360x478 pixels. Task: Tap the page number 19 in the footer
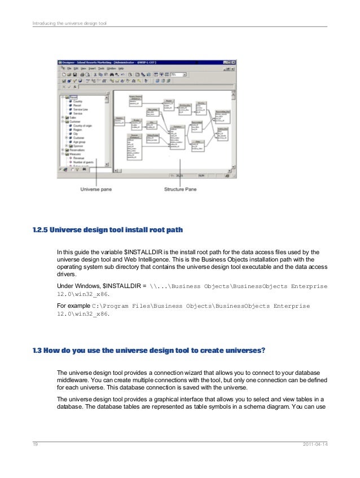pos(35,445)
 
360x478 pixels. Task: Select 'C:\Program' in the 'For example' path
pos(113,306)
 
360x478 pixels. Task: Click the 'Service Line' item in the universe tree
pos(82,109)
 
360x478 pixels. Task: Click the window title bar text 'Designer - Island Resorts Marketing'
pos(96,62)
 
